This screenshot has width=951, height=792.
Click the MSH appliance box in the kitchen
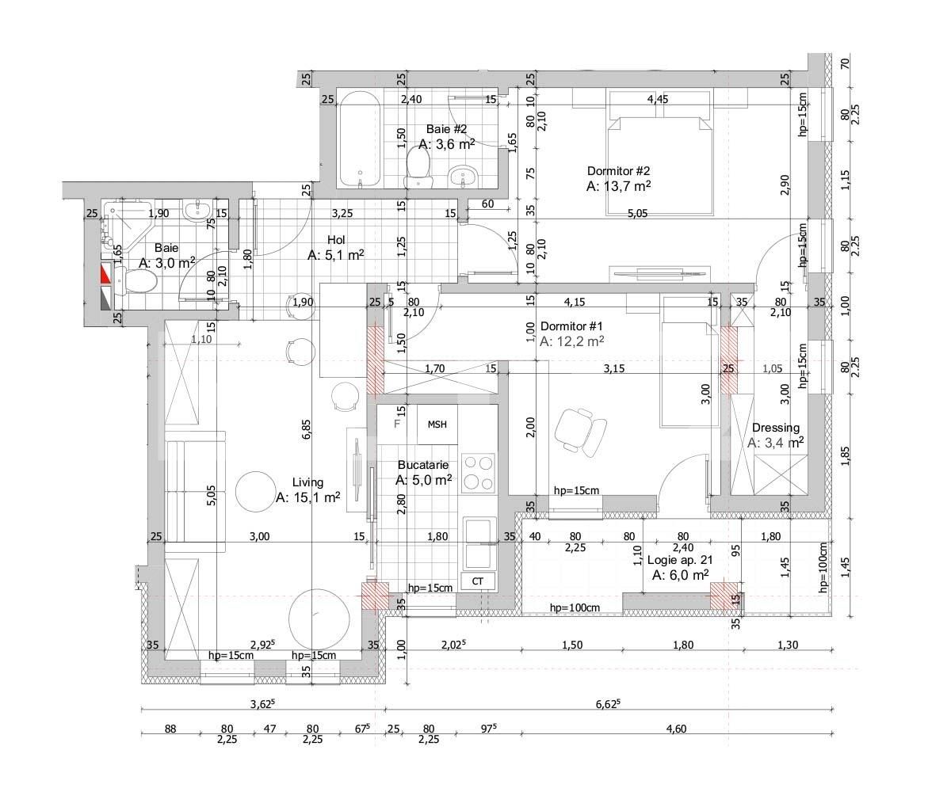point(437,425)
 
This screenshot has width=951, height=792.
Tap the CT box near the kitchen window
point(478,581)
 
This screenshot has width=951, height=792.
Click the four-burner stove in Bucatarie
point(478,473)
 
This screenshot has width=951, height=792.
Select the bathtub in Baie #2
point(361,139)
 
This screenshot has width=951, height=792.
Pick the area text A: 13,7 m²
point(619,186)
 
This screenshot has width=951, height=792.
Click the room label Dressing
point(776,428)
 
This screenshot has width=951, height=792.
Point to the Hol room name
point(336,239)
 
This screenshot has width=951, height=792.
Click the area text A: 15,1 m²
point(307,497)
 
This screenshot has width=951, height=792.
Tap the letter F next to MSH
point(398,424)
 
